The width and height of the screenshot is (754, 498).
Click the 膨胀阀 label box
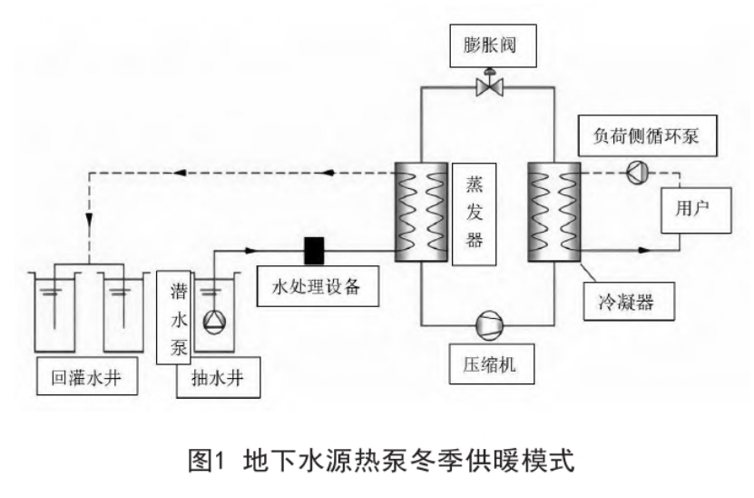493,45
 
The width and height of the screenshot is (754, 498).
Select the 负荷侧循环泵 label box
647,135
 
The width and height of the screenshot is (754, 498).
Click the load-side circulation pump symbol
638,173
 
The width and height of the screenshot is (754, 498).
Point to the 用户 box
696,211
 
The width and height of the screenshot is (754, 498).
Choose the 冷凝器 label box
629,302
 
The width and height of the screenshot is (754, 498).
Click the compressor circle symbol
490,325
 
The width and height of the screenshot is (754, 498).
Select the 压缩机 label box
492,364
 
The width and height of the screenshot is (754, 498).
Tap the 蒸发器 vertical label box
475,214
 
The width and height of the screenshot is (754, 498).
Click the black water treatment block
315,251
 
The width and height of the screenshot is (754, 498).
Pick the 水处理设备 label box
318,286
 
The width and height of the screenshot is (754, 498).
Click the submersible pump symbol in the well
214,322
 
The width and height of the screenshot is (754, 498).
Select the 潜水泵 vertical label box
174,318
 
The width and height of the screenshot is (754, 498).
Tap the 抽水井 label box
219,377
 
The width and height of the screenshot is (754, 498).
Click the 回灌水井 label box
87,375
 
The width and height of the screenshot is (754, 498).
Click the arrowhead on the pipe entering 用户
643,251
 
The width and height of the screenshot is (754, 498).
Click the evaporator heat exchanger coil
421,212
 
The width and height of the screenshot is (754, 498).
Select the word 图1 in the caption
207,460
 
